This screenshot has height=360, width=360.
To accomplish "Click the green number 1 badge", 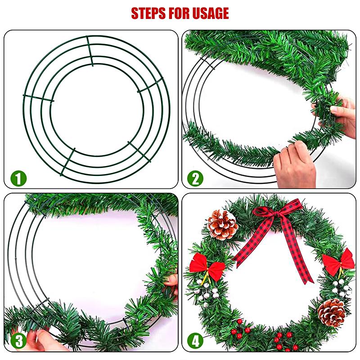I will tap(18, 179).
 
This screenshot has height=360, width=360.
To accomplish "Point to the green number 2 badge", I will tap(195, 179).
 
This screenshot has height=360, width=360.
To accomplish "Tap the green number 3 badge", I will tap(18, 341).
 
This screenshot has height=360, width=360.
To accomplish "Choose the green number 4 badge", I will tap(195, 341).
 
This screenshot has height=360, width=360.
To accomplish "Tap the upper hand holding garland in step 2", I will tap(340, 112).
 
